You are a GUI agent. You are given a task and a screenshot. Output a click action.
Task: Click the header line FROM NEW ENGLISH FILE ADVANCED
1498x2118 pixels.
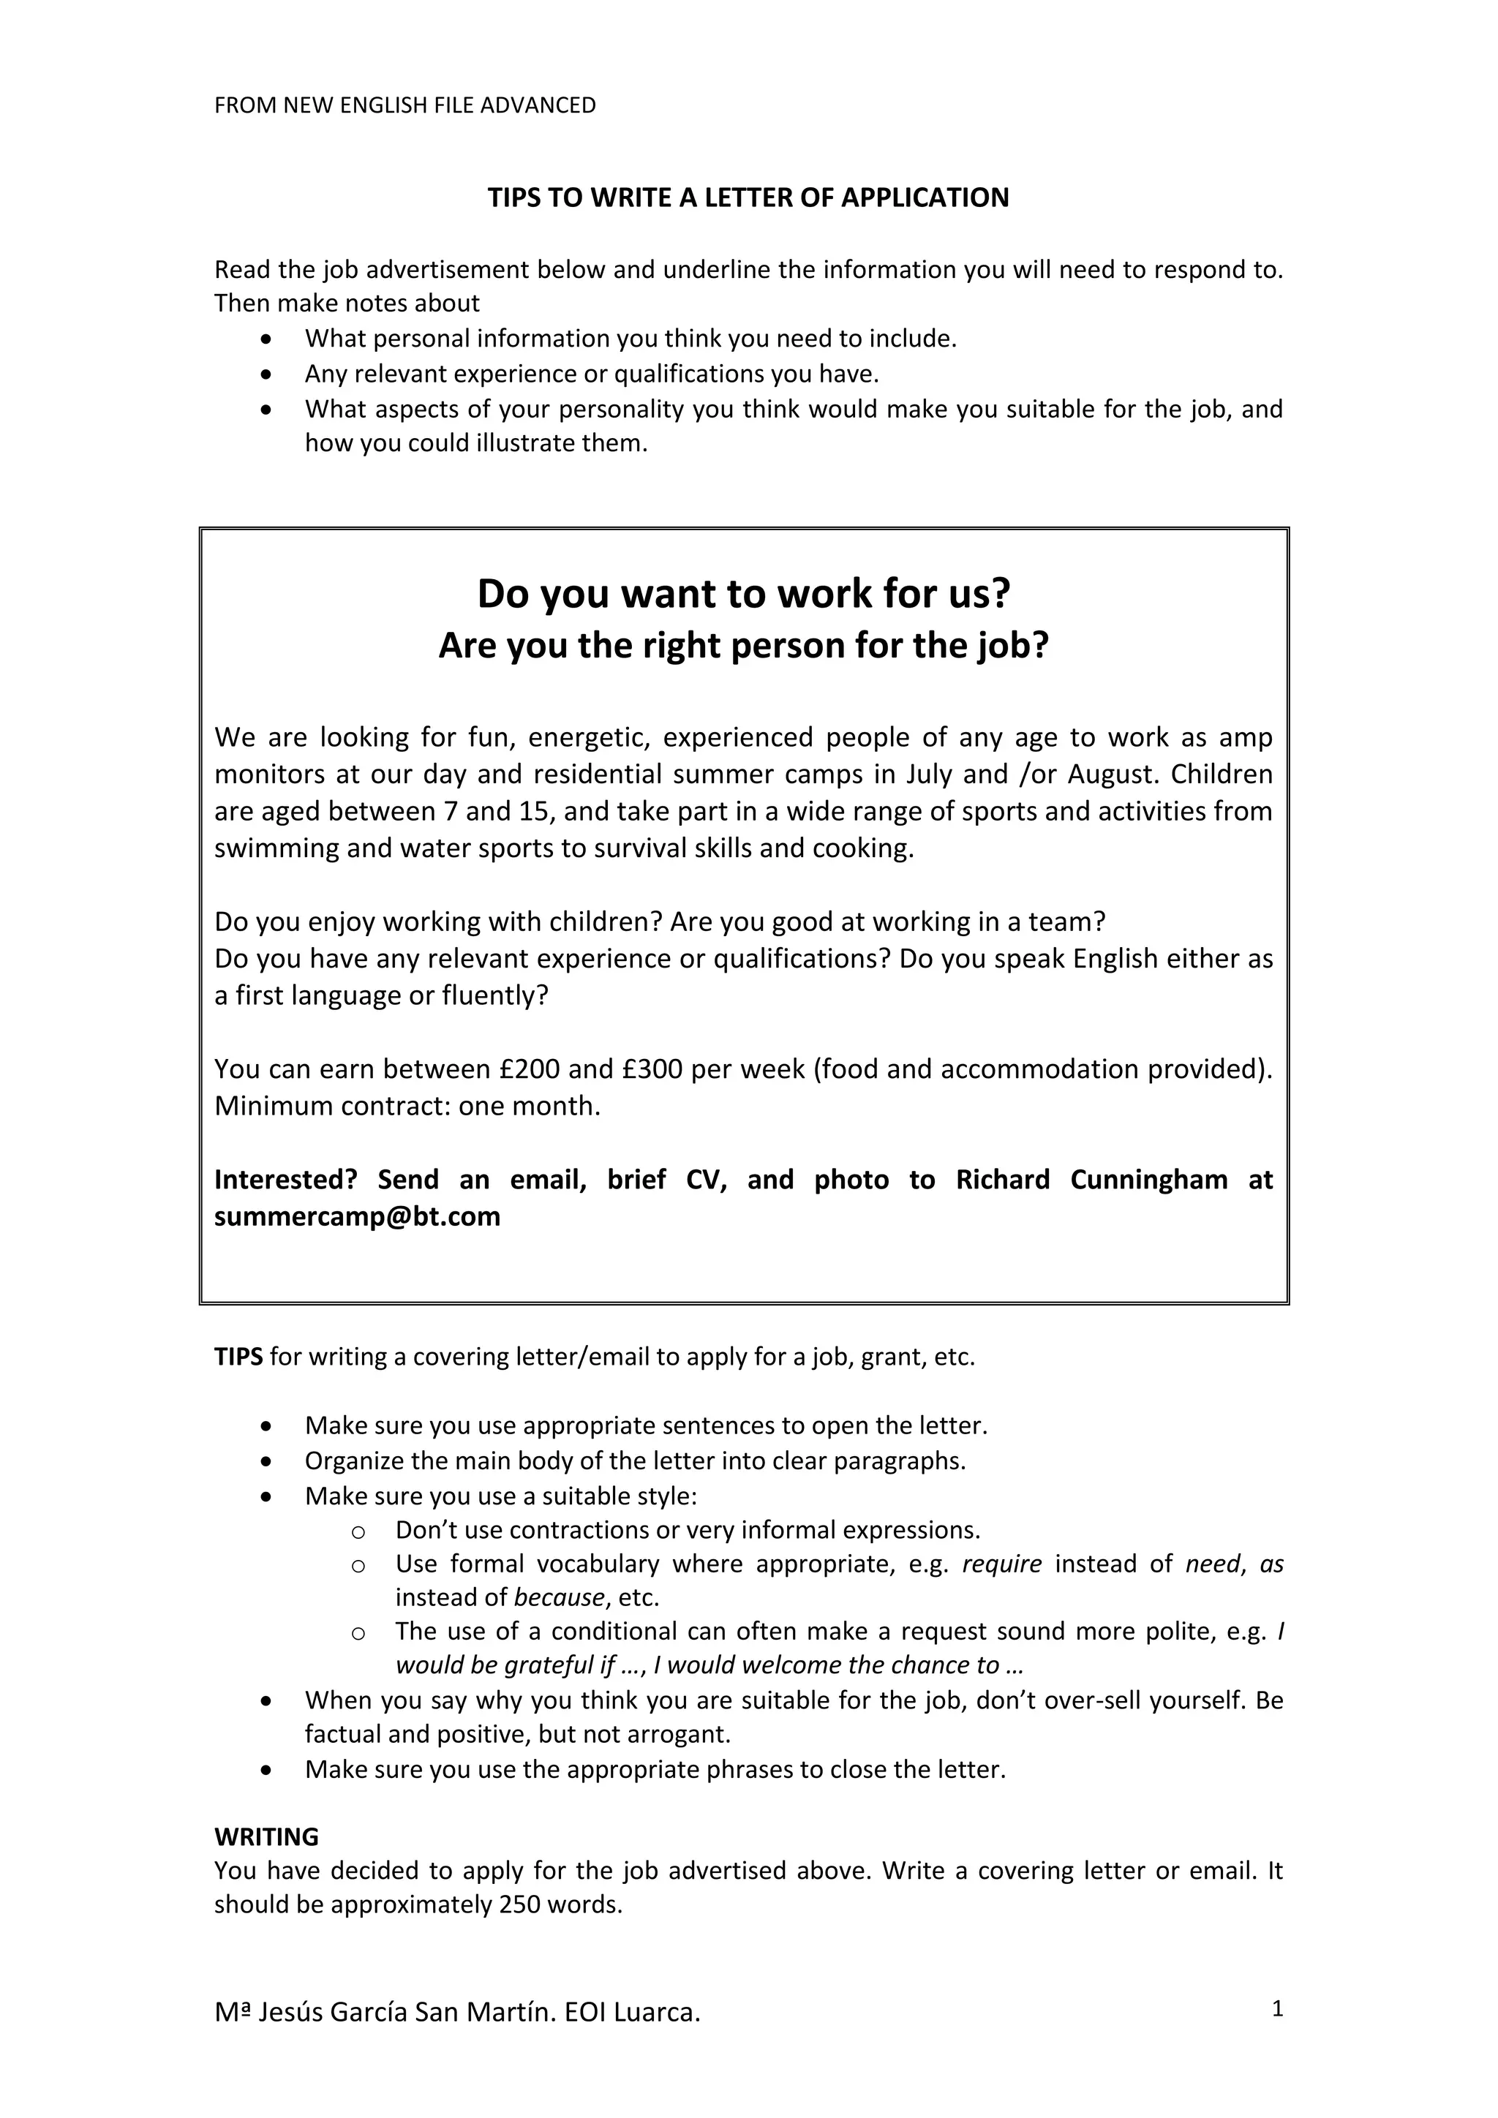(x=405, y=105)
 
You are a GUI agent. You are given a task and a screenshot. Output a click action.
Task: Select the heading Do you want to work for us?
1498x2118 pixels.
(x=743, y=593)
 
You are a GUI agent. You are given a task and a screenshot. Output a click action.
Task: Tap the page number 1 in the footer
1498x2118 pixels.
(x=1278, y=2008)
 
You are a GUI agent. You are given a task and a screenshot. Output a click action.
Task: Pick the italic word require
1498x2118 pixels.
(x=1002, y=1564)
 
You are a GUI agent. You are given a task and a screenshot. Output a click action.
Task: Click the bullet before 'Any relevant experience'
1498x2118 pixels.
(x=266, y=374)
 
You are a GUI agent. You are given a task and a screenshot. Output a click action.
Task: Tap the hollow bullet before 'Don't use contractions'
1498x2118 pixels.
(x=359, y=1531)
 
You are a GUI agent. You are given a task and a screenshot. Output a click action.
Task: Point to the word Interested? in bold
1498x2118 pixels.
(x=286, y=1179)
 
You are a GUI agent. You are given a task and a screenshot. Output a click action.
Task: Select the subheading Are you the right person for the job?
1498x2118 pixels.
(x=743, y=645)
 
